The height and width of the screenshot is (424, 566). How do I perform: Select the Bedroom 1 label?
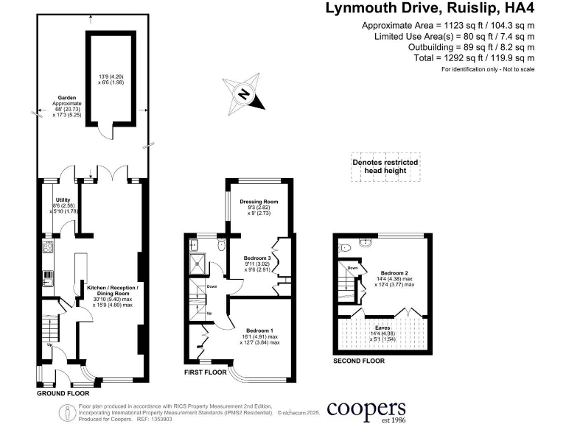click(x=258, y=331)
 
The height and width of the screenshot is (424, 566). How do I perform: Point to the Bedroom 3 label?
click(x=259, y=258)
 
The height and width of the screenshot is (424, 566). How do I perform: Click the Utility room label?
click(x=63, y=199)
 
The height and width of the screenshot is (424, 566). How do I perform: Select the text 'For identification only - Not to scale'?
click(x=488, y=68)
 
